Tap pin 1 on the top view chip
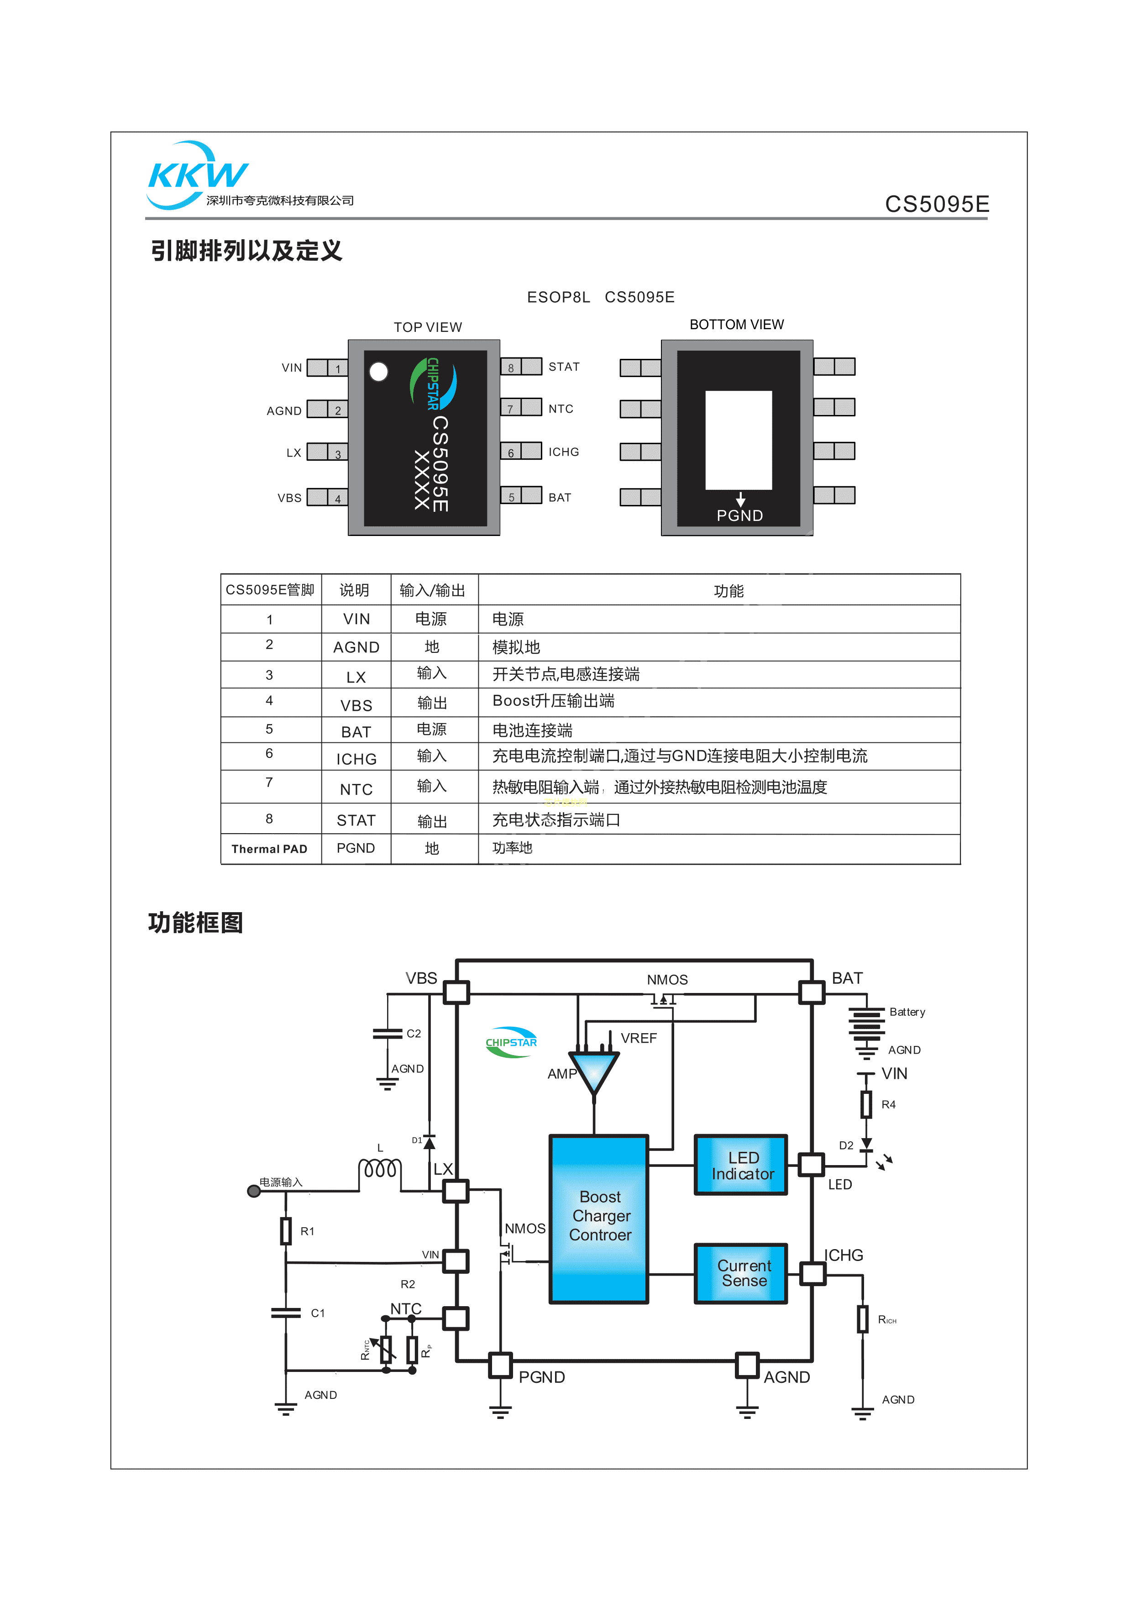328,368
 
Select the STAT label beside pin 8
564,367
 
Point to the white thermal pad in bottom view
739,440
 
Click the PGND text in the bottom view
739,515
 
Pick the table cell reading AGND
356,647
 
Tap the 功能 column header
728,591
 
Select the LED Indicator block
741,1165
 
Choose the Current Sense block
741,1273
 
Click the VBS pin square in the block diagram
457,992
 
